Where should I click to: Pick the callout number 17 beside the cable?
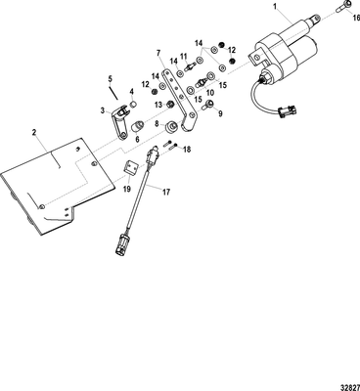coord(165,193)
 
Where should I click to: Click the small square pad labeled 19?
coord(129,174)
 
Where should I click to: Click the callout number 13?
coord(157,105)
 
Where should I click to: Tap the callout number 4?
coord(133,93)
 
